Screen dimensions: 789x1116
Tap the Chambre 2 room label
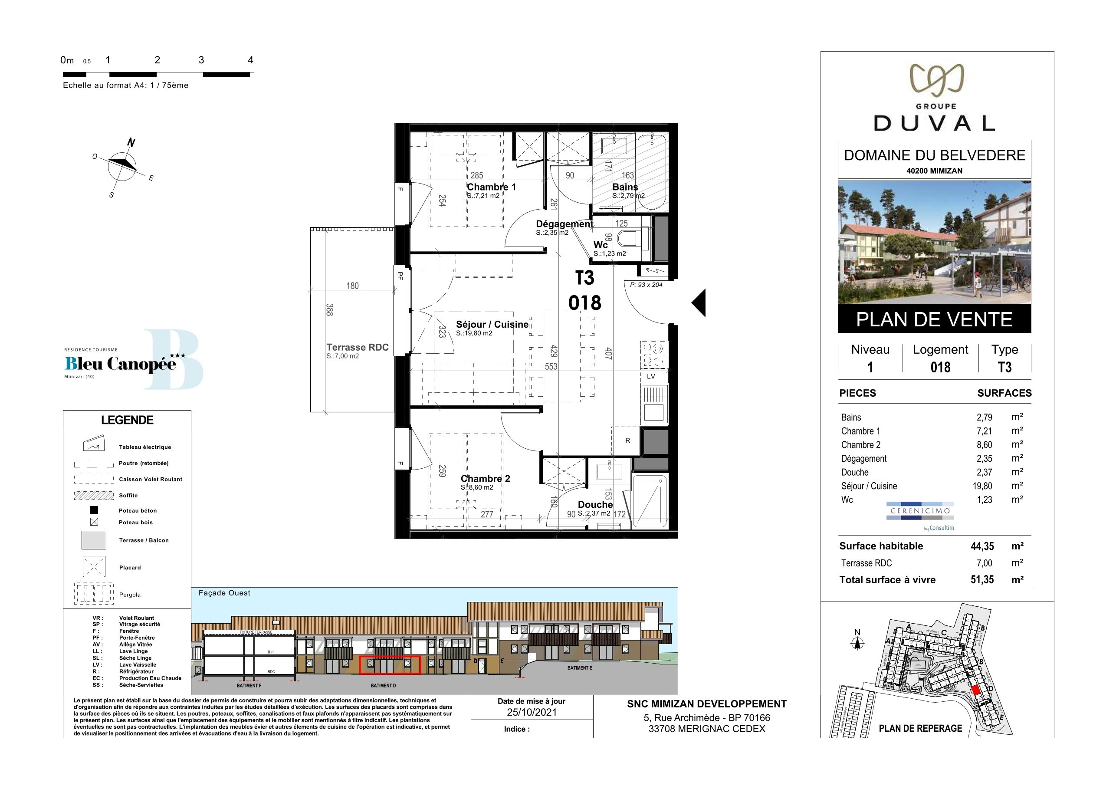coord(485,479)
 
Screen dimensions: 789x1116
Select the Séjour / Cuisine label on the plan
coord(492,324)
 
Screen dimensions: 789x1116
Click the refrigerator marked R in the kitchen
coord(627,441)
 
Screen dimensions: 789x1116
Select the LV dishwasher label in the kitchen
coord(651,376)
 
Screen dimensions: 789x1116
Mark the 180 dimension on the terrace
coord(352,286)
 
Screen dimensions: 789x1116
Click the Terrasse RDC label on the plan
coord(357,347)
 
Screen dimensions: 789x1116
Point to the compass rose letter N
coord(131,142)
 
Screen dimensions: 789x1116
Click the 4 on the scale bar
coord(250,60)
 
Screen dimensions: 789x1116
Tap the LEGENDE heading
coord(127,420)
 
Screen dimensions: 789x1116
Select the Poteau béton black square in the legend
coord(94,510)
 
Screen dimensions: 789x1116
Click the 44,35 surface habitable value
coord(982,546)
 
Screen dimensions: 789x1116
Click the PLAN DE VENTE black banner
coord(934,319)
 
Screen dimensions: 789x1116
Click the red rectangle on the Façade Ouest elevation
coord(389,664)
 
